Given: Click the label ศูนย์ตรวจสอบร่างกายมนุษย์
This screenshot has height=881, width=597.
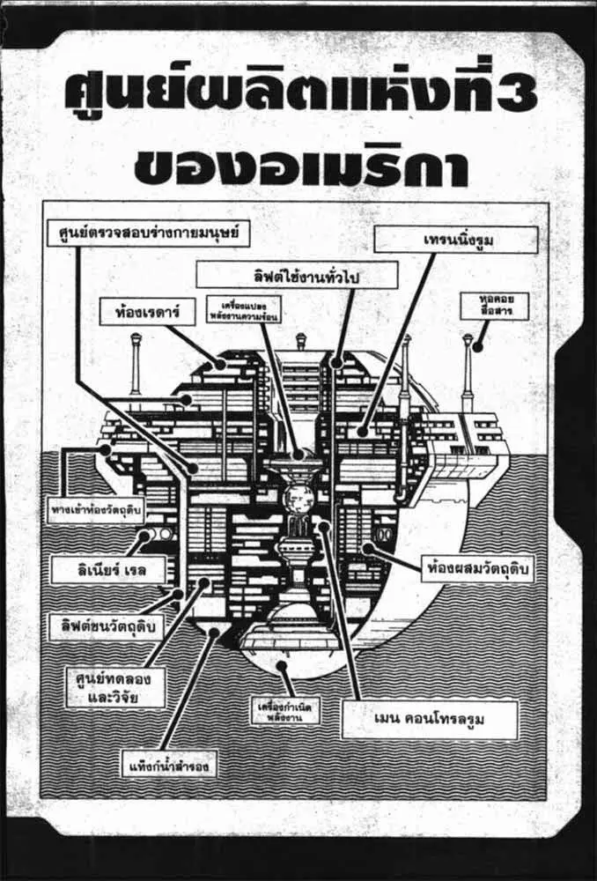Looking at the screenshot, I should [148, 234].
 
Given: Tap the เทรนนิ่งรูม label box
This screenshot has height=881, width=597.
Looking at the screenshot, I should [455, 240].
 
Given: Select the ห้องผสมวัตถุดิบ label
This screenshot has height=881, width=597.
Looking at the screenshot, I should [476, 565].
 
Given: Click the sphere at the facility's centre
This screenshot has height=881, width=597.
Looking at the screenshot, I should [299, 498].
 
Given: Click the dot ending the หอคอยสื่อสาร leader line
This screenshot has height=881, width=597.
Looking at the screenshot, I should [478, 345].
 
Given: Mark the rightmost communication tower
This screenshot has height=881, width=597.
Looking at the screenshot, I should [468, 370].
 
